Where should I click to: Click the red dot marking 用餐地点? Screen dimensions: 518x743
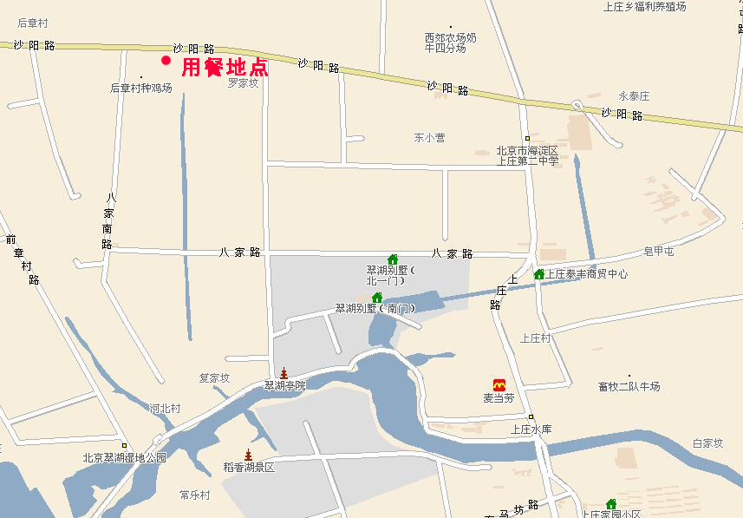(166, 60)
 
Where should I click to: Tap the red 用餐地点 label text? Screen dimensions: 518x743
(225, 68)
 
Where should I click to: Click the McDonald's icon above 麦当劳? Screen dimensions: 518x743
(499, 384)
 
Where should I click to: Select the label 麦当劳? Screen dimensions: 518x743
(499, 398)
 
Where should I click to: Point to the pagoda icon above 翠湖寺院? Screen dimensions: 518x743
(283, 373)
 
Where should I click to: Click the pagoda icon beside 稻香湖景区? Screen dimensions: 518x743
(248, 456)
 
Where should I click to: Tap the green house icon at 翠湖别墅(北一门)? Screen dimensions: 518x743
(393, 259)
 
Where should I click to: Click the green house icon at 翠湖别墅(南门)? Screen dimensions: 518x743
(377, 298)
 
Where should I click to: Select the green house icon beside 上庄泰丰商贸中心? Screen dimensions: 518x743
(538, 274)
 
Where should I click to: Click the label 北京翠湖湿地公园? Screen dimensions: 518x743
(124, 458)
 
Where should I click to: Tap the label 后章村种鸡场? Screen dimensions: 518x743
(140, 89)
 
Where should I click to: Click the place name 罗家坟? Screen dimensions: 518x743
(244, 83)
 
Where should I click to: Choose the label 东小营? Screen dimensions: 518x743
(429, 137)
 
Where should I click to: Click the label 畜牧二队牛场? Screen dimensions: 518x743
(629, 386)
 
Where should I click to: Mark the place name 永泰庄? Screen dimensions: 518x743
(634, 96)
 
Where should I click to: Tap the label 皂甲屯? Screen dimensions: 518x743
(659, 252)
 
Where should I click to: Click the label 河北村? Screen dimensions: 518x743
(164, 408)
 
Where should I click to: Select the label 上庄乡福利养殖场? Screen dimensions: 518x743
(644, 7)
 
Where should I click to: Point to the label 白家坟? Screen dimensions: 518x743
(707, 443)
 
